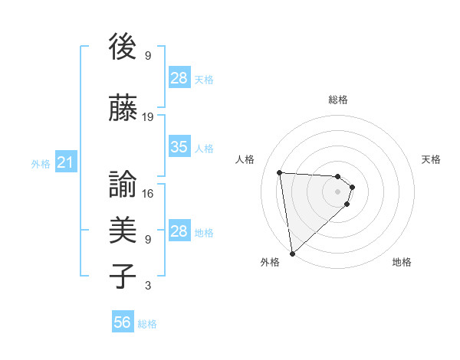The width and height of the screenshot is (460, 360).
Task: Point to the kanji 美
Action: (123, 228)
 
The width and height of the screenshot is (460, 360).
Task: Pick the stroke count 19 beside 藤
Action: (148, 117)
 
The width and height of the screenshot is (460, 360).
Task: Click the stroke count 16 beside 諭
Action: (148, 194)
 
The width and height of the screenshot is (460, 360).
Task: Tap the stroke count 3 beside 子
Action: (148, 286)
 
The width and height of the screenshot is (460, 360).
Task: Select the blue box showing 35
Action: (179, 147)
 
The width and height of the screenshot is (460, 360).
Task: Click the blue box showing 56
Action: (122, 323)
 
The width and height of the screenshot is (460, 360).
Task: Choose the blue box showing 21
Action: (65, 163)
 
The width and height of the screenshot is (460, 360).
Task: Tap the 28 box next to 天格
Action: (179, 78)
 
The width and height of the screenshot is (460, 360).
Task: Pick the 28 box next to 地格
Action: (179, 231)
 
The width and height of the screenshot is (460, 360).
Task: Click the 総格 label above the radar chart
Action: (338, 100)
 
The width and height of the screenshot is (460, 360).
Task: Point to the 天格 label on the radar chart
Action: (431, 159)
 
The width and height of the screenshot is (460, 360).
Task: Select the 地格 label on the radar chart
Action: (402, 263)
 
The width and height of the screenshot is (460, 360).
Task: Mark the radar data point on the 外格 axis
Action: (292, 253)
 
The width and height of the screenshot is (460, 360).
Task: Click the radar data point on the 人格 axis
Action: (280, 172)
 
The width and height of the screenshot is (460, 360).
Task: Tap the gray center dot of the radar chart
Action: (338, 191)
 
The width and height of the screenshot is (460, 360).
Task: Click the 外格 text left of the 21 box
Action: (41, 164)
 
